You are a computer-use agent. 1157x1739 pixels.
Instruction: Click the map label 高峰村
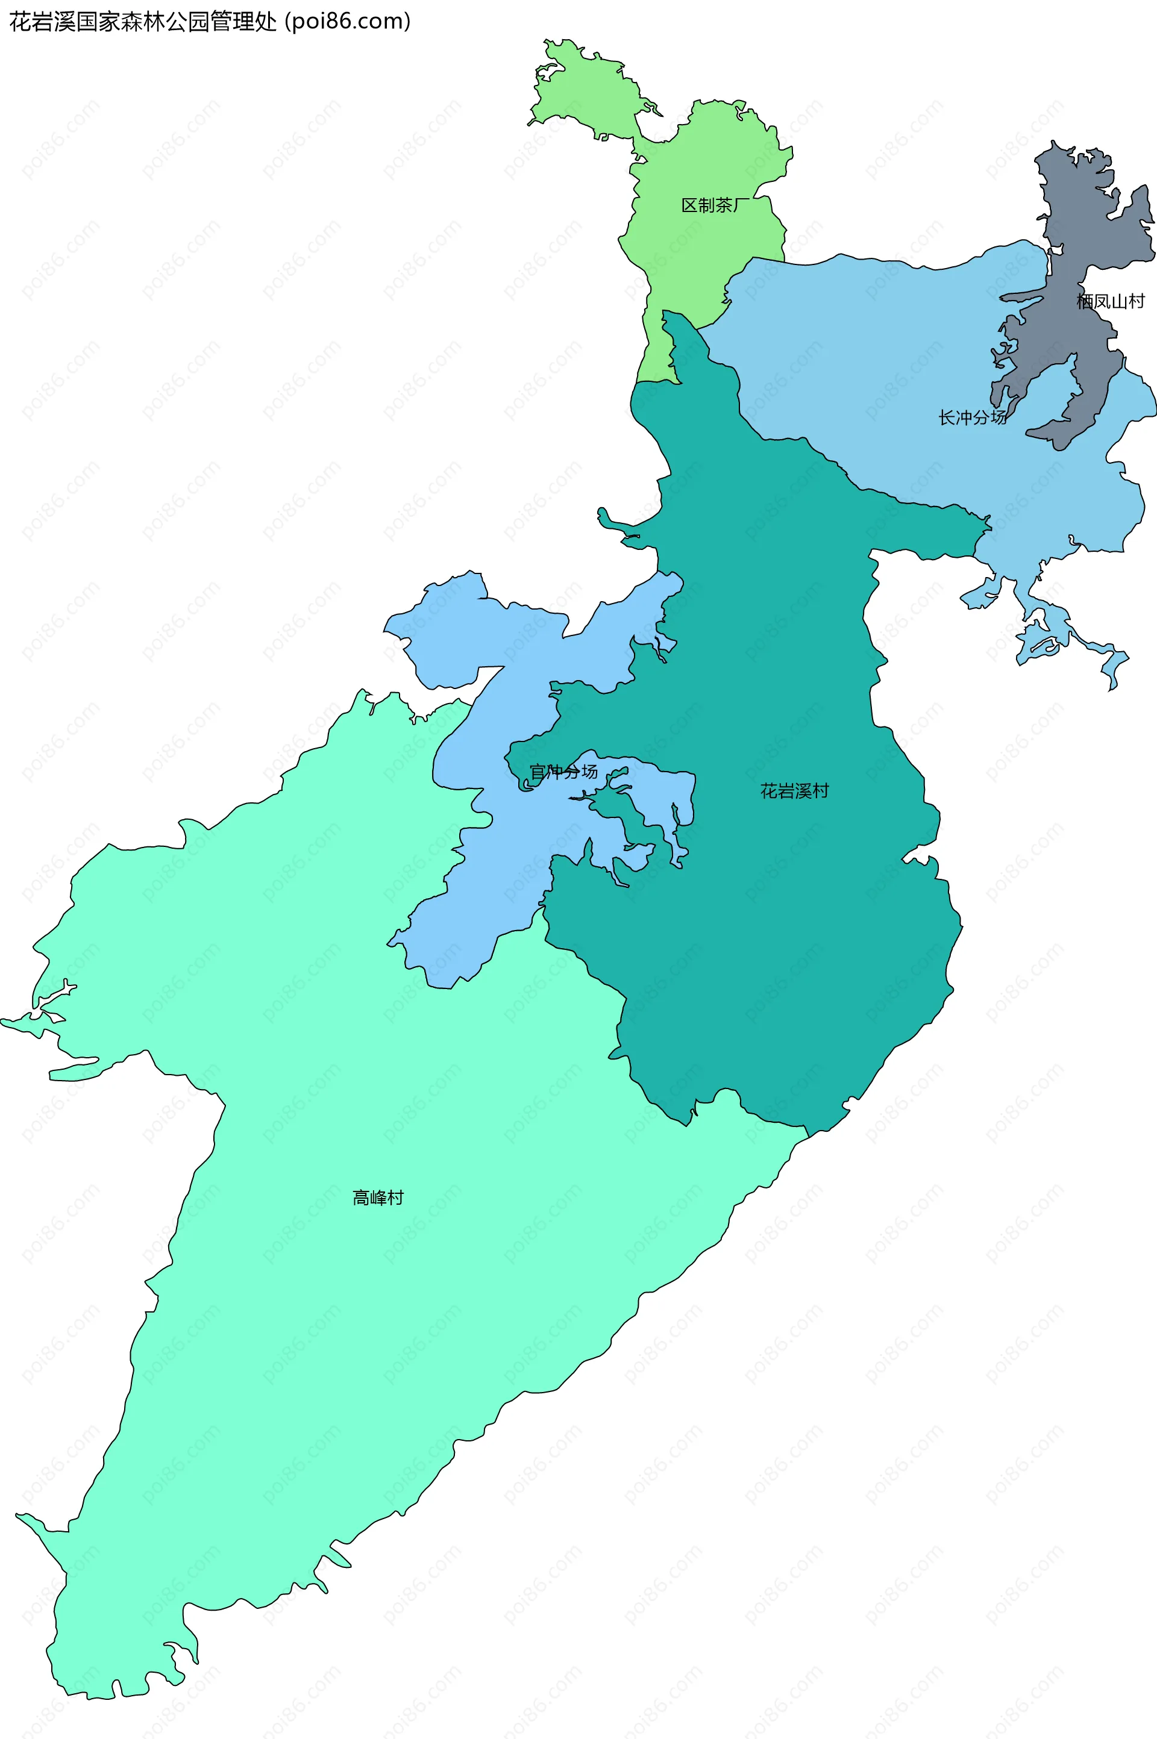[378, 1197]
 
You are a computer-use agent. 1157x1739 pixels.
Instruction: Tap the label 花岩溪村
[795, 791]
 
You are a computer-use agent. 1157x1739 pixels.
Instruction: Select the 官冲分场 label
[564, 772]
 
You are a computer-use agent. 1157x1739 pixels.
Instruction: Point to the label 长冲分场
[972, 418]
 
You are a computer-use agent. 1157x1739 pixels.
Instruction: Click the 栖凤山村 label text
[1110, 301]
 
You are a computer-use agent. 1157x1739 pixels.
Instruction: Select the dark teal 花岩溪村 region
[775, 922]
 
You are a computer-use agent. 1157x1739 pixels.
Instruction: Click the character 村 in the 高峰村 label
[395, 1197]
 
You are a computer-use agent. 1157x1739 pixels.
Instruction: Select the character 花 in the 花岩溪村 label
[769, 791]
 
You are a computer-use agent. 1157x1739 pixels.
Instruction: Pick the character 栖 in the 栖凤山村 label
[1084, 301]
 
